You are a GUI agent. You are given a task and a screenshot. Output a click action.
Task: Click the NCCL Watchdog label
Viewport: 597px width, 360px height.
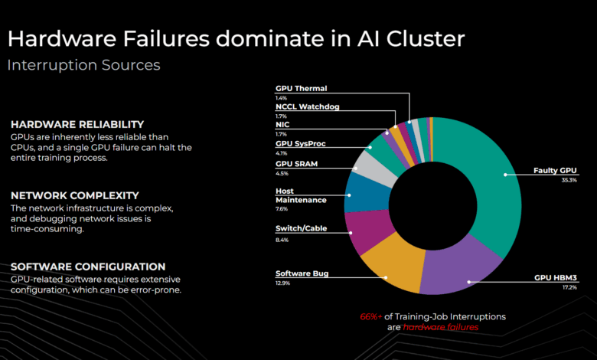pyautogui.click(x=307, y=106)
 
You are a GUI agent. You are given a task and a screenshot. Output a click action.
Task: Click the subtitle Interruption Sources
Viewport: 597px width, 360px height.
pyautogui.click(x=83, y=65)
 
